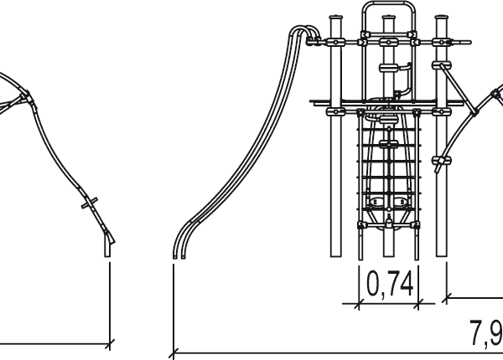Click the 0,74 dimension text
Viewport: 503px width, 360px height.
click(389, 284)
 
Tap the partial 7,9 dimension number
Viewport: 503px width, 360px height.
click(486, 332)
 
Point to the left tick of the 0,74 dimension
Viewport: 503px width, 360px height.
click(358, 303)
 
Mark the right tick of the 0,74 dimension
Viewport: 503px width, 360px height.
click(418, 303)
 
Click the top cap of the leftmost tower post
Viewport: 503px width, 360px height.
click(336, 17)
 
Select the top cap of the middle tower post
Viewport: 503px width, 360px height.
click(388, 17)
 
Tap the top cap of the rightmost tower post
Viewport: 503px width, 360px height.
click(442, 17)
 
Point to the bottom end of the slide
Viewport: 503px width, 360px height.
click(179, 256)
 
